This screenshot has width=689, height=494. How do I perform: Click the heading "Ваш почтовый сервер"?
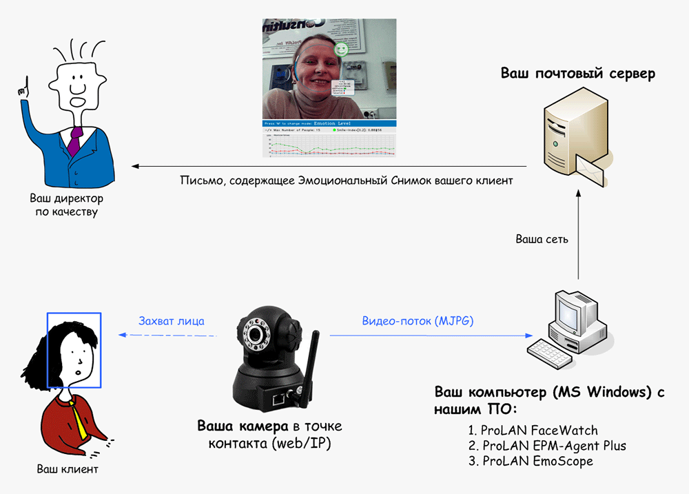click(x=577, y=73)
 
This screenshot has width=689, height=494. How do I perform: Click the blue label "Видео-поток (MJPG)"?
click(x=418, y=321)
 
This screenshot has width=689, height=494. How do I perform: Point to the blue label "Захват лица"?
click(x=171, y=321)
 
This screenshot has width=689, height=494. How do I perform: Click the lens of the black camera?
click(x=258, y=337)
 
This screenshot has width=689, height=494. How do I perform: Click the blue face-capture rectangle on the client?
click(x=74, y=350)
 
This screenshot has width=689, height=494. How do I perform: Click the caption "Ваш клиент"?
click(x=68, y=470)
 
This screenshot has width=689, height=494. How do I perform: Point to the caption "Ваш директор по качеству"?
click(x=68, y=205)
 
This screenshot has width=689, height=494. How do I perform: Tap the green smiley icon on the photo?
click(x=340, y=49)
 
